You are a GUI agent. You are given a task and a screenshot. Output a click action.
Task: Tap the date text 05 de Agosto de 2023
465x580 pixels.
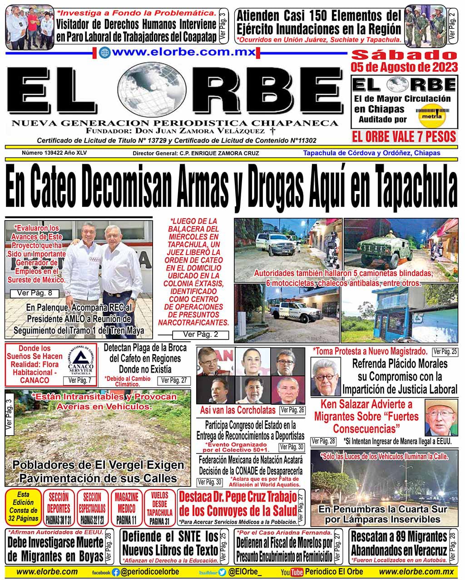click(404, 68)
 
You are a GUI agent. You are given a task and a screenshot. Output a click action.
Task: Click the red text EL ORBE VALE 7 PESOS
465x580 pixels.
click(403, 136)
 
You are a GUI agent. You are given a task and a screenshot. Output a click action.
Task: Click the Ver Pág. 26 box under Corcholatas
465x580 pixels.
click(292, 410)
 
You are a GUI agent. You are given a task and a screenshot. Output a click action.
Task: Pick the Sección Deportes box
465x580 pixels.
click(59, 507)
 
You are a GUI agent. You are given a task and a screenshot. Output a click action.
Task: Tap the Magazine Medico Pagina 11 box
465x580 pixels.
click(126, 507)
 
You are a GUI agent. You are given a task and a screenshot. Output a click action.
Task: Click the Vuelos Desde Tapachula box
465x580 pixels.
click(159, 507)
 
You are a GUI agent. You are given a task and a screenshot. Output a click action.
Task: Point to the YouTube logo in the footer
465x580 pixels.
click(292, 572)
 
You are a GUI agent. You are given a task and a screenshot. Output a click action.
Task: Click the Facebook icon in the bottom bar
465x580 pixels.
click(116, 573)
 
